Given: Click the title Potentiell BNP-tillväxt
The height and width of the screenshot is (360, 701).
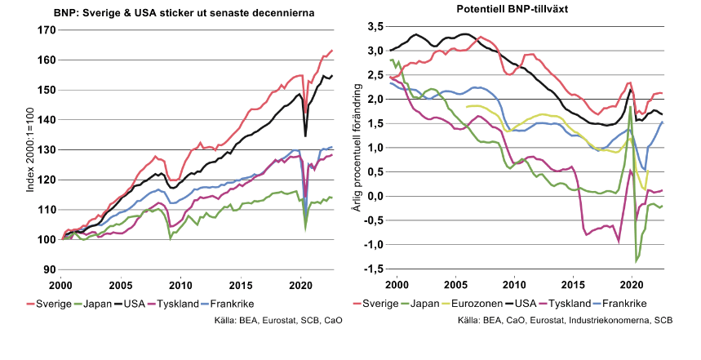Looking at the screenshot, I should click(x=524, y=8).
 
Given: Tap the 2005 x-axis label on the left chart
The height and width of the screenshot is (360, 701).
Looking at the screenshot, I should click(x=121, y=287).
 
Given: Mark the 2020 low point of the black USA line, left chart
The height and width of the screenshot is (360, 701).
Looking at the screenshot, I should click(x=305, y=136).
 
